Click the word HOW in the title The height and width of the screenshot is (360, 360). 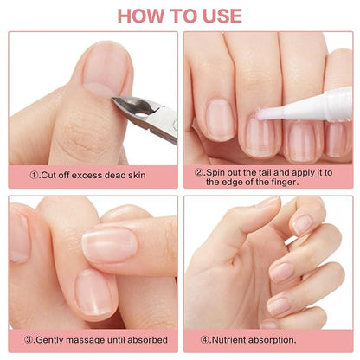[x=142, y=15]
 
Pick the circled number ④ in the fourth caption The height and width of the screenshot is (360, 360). [x=206, y=341]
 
